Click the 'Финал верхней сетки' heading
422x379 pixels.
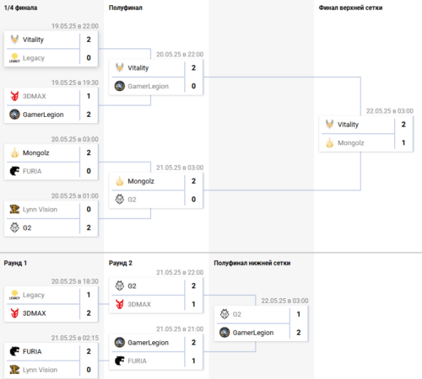350,8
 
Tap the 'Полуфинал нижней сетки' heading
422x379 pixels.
252,263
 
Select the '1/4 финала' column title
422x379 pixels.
20,8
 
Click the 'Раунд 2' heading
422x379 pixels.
121,263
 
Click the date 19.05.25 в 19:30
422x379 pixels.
75,83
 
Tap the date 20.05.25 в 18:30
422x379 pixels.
75,281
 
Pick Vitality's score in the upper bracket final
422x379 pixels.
403,125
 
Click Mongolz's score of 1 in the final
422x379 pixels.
403,142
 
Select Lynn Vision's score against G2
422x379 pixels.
89,209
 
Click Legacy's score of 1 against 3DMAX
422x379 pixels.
89,295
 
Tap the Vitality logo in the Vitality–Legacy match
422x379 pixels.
14,39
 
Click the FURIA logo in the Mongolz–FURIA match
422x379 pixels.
14,171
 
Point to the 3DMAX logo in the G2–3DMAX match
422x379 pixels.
120,304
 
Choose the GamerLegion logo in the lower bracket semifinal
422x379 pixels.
225,333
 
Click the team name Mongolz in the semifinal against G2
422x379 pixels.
141,181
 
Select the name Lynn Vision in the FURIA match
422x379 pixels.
40,370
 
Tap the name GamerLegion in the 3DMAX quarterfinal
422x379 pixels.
43,115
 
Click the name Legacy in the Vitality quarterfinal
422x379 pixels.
34,58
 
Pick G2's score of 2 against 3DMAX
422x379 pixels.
193,286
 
